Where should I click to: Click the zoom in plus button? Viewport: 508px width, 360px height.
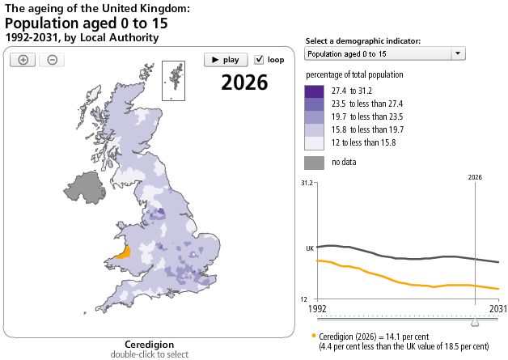pos(23,60)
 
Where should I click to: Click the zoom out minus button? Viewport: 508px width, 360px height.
pos(51,60)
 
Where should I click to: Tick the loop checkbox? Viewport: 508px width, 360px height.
pos(260,59)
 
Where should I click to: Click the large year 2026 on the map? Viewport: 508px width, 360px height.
pos(244,83)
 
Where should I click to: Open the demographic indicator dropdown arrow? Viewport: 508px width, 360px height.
pos(458,53)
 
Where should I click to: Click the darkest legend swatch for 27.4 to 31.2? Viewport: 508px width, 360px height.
pos(314,91)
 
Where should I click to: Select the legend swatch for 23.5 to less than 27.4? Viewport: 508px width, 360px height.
pos(314,104)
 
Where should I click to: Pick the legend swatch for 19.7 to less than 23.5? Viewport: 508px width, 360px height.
pos(314,117)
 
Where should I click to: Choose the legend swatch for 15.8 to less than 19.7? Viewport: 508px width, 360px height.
pos(314,129)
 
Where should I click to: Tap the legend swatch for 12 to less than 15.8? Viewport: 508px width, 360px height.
pos(314,142)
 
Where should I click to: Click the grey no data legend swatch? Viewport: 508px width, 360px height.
pos(314,162)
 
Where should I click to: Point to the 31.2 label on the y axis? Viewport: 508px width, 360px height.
pos(307,184)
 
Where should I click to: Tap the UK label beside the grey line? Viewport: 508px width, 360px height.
pos(309,248)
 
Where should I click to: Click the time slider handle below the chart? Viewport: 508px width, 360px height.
pos(475,322)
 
